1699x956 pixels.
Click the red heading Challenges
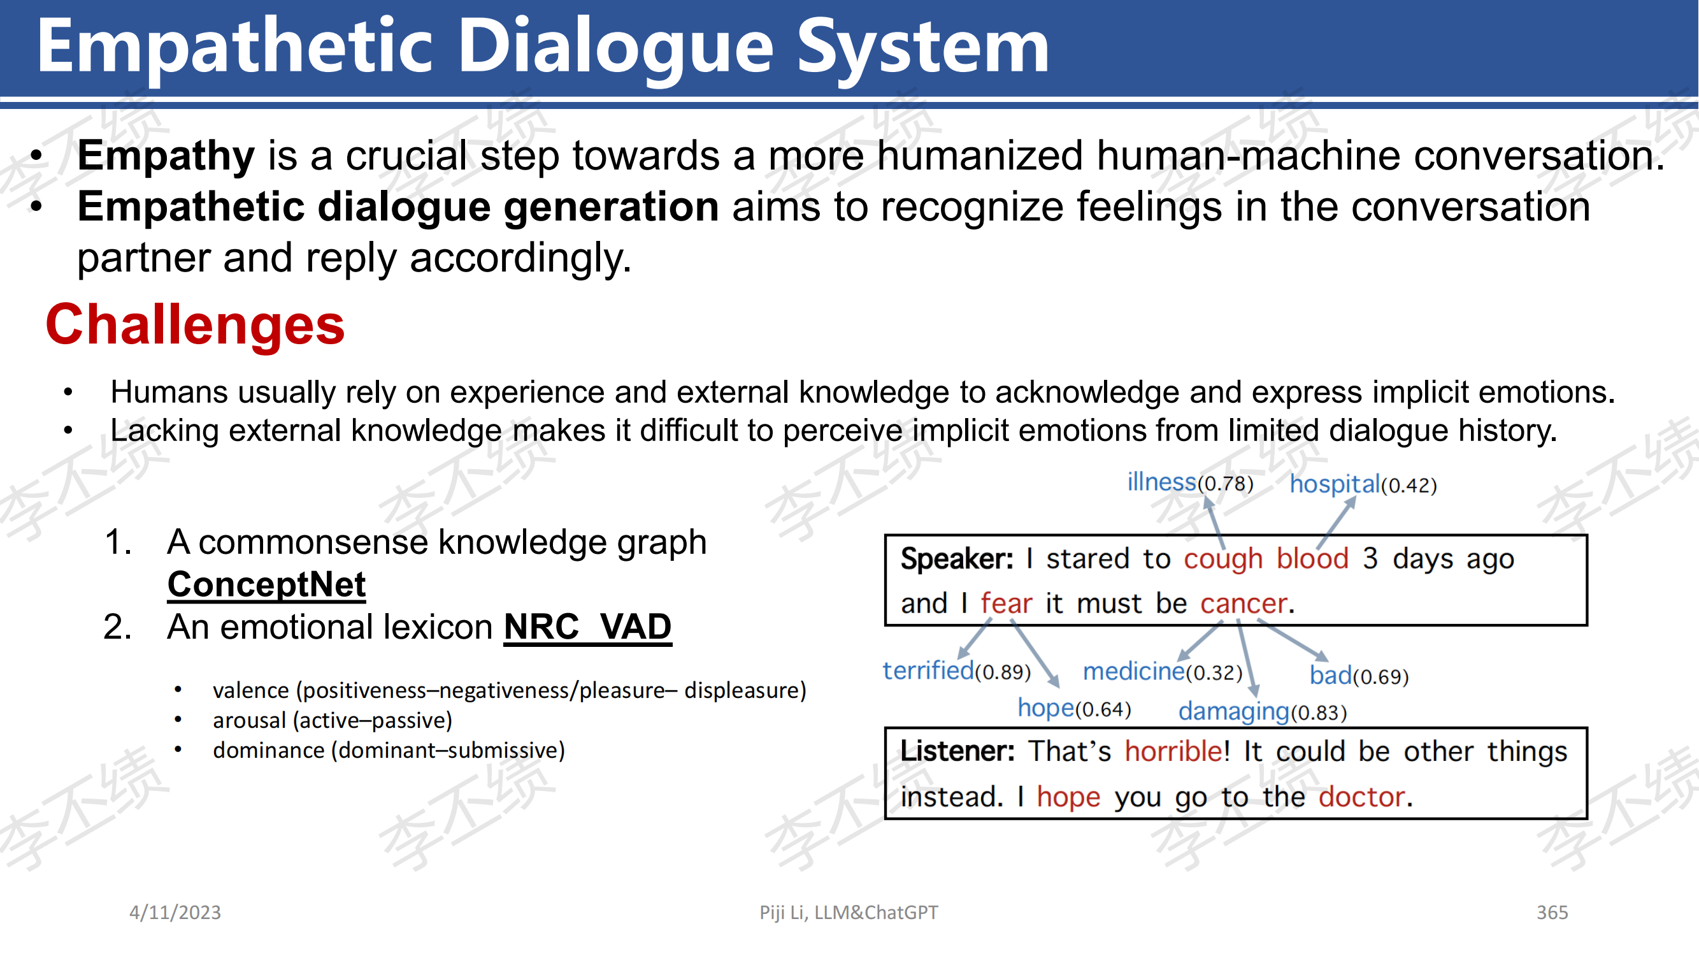click(x=194, y=325)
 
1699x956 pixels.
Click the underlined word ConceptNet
click(x=266, y=584)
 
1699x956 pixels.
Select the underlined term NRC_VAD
click(x=587, y=626)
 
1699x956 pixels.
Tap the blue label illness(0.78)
click(x=1190, y=482)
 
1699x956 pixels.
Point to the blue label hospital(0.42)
click(x=1363, y=484)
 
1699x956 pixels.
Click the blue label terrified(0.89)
click(x=956, y=671)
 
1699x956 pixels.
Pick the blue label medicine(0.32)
click(x=1162, y=672)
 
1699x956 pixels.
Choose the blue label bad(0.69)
click(x=1359, y=676)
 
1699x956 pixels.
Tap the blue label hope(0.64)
click(x=1074, y=709)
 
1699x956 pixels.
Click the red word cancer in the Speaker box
click(x=1244, y=604)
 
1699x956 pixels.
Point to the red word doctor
click(x=1361, y=797)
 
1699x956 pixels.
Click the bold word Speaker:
click(x=957, y=560)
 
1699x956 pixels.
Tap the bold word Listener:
click(x=957, y=751)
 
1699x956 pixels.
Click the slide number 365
click(x=1552, y=913)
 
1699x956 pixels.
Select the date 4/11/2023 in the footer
click(x=175, y=913)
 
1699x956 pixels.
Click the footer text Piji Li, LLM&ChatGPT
click(x=848, y=913)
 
